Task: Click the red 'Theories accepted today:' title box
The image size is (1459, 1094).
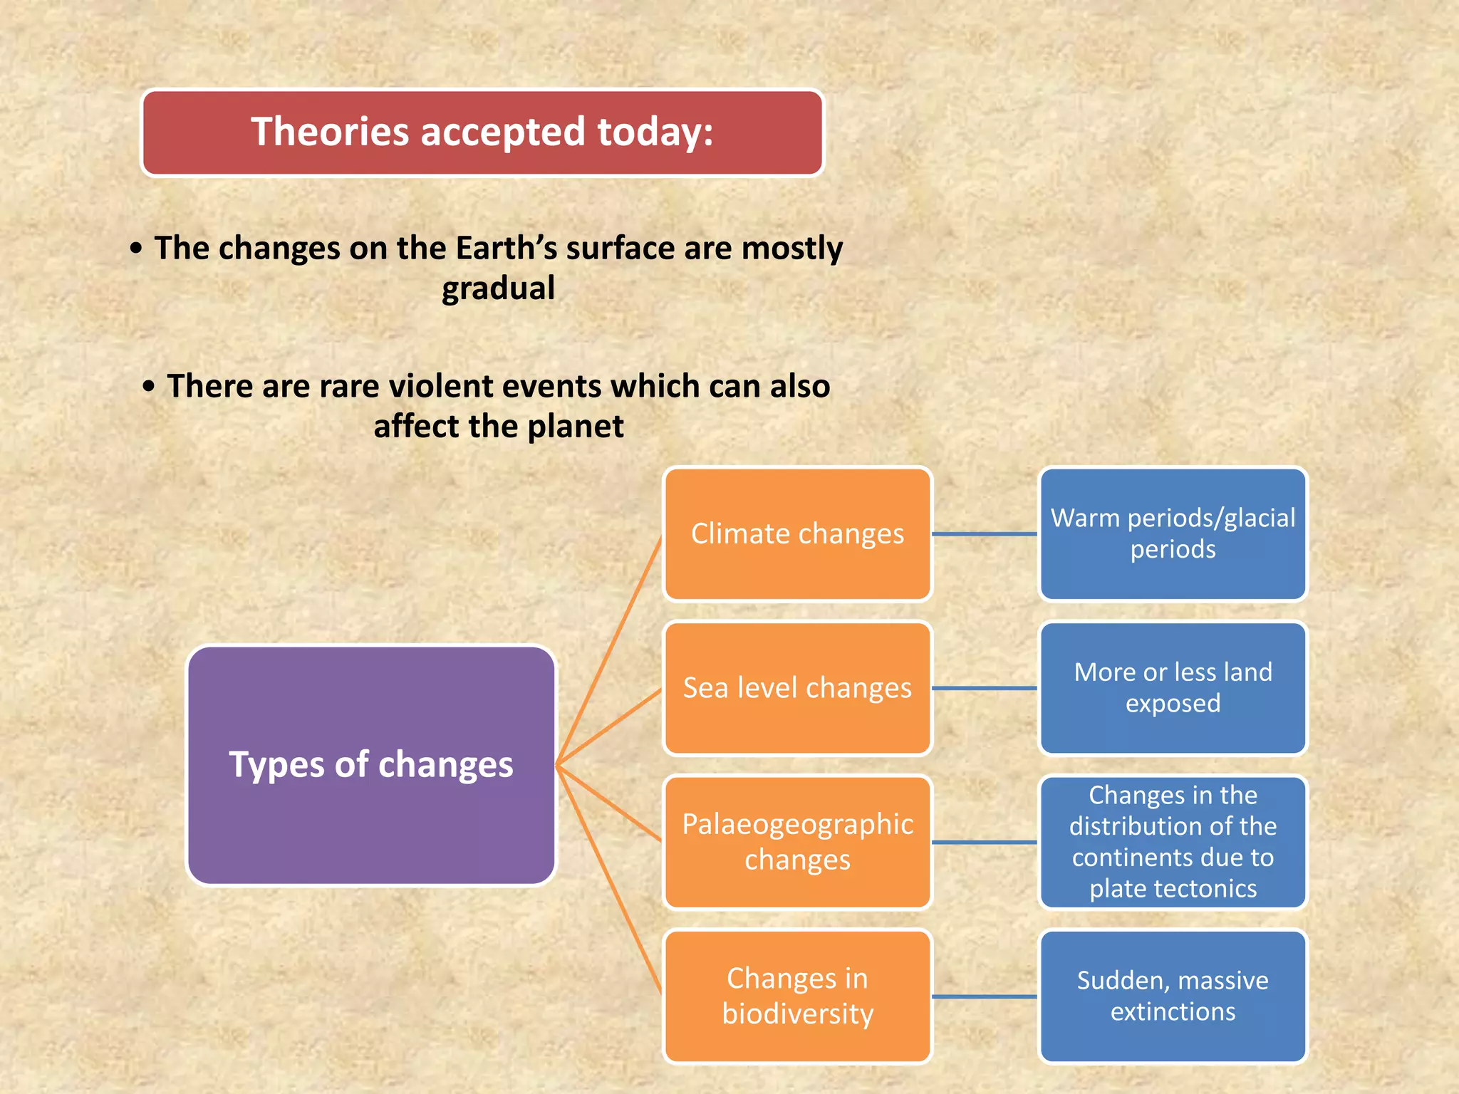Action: point(482,132)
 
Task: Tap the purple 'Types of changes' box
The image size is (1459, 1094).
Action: point(370,765)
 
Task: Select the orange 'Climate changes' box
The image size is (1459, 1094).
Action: point(797,533)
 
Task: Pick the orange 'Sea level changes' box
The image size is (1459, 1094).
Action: point(797,688)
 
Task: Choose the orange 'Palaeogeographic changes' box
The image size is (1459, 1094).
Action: point(797,842)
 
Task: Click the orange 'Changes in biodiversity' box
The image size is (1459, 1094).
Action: point(797,996)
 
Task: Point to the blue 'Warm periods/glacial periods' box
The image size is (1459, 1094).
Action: point(1173,533)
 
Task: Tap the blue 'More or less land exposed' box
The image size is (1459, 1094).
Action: point(1173,688)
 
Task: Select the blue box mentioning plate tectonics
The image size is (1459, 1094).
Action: point(1173,842)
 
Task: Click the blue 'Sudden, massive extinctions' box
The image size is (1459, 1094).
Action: point(1173,996)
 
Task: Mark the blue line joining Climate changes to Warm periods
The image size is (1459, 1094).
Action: point(985,533)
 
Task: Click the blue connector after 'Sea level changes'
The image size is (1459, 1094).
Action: point(985,688)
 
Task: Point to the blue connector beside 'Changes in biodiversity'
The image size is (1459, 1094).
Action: point(985,996)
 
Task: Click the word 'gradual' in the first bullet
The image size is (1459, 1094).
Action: point(498,288)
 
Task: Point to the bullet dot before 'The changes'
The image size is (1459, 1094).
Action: point(136,249)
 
